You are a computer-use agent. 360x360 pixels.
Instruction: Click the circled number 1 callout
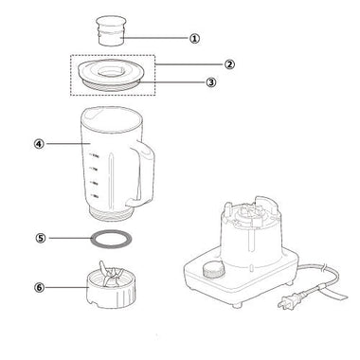pos(195,39)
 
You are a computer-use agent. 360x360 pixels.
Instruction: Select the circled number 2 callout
pos(229,64)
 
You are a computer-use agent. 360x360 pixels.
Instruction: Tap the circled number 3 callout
pos(211,82)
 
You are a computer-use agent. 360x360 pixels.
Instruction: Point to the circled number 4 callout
pos(39,144)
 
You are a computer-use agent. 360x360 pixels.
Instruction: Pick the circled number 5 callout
pos(40,238)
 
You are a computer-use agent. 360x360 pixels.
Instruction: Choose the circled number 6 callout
pos(39,287)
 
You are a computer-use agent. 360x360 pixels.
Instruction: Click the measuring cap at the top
pos(111,30)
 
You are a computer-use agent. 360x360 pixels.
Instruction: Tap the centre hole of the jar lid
pos(111,71)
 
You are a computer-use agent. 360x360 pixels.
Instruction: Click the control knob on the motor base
pos(214,269)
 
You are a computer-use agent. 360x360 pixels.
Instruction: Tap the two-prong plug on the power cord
pos(289,301)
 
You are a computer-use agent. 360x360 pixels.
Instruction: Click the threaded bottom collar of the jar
pos(110,214)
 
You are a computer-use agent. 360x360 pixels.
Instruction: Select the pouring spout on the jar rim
pos(91,114)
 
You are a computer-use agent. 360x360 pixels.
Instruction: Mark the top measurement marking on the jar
pos(95,155)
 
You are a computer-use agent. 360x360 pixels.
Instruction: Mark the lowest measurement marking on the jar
pos(95,196)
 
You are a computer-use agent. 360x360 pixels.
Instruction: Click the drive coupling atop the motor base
pos(252,216)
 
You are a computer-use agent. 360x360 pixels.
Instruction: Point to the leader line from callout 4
pos(67,144)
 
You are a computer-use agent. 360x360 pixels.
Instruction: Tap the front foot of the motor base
pos(238,305)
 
